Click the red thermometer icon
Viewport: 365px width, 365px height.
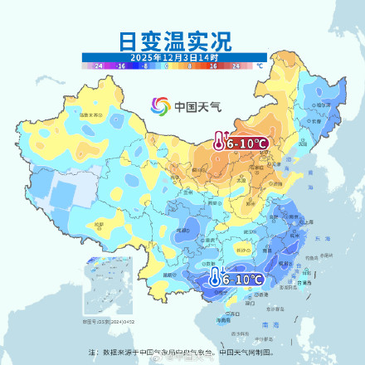click(x=218, y=142)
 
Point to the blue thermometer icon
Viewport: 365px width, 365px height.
click(x=214, y=279)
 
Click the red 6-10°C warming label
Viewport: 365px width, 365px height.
click(x=247, y=144)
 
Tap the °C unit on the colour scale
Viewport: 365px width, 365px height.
click(x=259, y=64)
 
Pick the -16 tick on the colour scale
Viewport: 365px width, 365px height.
click(x=120, y=64)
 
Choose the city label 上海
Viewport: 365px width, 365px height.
click(x=309, y=221)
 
